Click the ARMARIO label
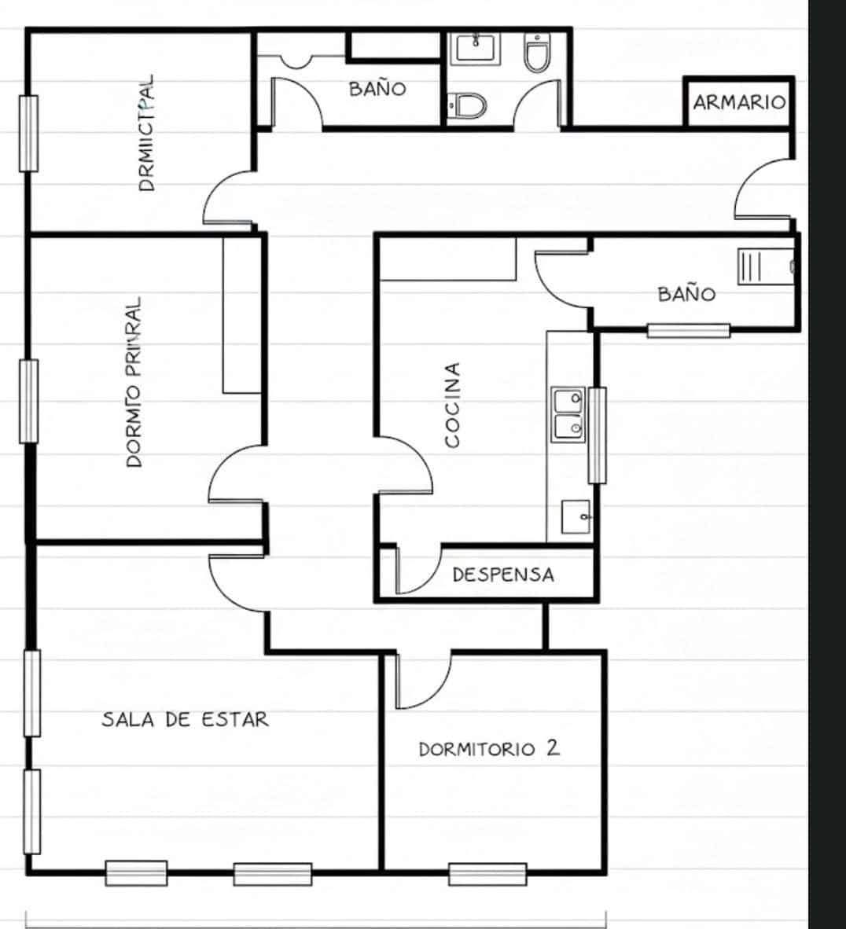click(x=738, y=102)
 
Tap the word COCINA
click(x=452, y=405)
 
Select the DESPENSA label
click(x=503, y=575)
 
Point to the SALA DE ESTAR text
click(x=185, y=719)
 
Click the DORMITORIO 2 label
click(x=489, y=748)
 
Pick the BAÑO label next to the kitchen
click(x=686, y=294)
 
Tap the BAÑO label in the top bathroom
click(x=377, y=88)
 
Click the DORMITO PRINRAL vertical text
click(x=134, y=382)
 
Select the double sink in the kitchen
click(x=568, y=414)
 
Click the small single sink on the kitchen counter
click(x=576, y=516)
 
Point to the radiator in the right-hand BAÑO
click(x=751, y=266)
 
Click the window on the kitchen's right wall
click(x=598, y=435)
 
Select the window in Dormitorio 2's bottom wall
click(x=487, y=873)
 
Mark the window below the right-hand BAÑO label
click(x=689, y=331)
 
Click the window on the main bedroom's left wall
click(x=28, y=401)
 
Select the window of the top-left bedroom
click(x=28, y=133)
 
